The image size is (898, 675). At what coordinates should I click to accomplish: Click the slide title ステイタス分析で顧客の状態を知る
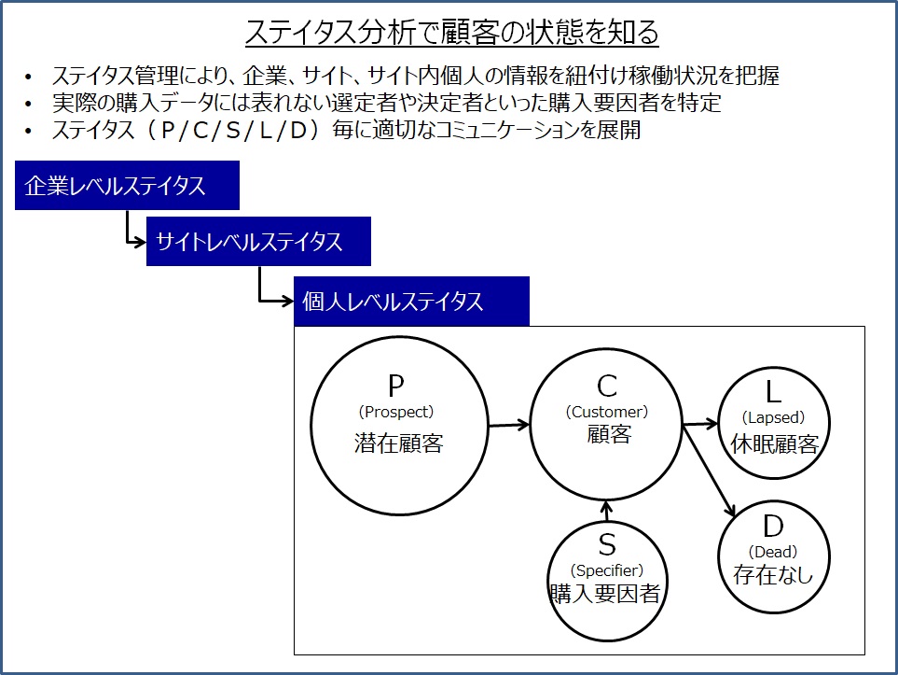(452, 32)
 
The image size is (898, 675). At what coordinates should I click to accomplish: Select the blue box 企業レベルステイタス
(127, 185)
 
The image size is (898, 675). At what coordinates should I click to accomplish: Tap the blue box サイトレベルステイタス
(258, 242)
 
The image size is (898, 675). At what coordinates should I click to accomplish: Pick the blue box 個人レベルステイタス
(411, 301)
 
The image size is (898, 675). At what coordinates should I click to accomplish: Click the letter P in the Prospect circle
(395, 386)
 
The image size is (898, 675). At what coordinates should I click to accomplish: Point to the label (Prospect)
(395, 412)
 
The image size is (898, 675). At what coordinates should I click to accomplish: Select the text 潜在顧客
(398, 443)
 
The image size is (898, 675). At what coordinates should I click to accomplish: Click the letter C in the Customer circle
(607, 386)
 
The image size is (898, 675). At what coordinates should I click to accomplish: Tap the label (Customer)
(607, 412)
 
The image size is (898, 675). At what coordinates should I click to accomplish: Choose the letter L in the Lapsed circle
(773, 392)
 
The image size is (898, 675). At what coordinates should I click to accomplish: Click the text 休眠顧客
(774, 444)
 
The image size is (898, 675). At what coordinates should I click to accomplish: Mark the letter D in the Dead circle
(773, 526)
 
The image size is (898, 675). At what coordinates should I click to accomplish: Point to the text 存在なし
(773, 575)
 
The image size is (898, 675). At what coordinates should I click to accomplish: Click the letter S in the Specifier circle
(607, 545)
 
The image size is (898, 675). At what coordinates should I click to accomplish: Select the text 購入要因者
(605, 594)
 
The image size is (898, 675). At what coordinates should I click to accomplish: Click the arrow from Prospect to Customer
(508, 425)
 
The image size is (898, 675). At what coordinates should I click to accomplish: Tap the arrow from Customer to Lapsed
(700, 424)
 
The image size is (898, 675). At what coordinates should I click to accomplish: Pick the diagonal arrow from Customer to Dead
(709, 471)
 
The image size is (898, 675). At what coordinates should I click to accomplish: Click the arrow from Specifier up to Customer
(607, 511)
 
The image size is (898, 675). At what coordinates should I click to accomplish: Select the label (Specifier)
(607, 570)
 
